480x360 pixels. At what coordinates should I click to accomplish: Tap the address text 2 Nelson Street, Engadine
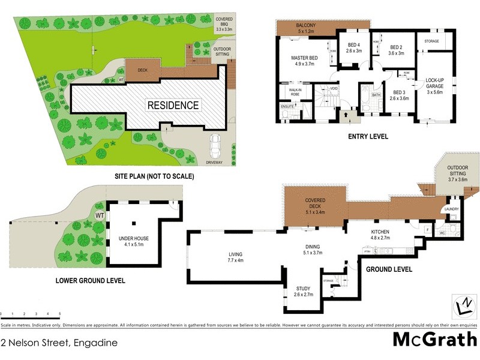(58, 343)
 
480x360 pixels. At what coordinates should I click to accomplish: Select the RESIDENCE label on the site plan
(173, 105)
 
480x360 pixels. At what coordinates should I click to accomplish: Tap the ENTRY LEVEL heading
(368, 137)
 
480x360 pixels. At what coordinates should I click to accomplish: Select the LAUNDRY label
(451, 209)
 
